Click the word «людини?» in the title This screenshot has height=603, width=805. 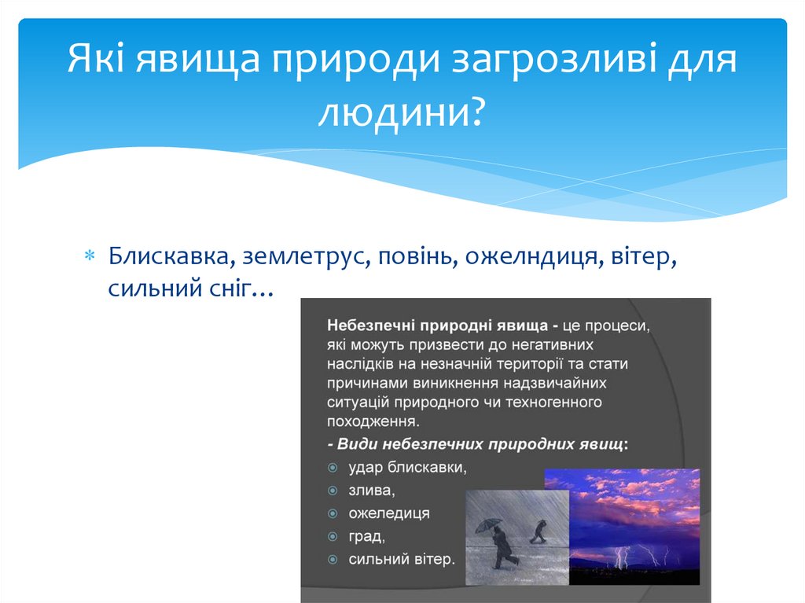(x=401, y=111)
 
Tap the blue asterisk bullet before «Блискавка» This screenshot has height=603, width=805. (x=90, y=256)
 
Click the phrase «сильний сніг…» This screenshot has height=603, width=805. (x=190, y=289)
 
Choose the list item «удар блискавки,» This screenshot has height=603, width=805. (x=408, y=468)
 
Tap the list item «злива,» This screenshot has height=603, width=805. (x=372, y=491)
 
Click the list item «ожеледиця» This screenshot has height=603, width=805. (x=389, y=513)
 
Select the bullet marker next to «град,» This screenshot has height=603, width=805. (x=333, y=537)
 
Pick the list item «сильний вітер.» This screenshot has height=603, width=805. (x=402, y=559)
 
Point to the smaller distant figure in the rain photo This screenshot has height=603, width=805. (x=539, y=531)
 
